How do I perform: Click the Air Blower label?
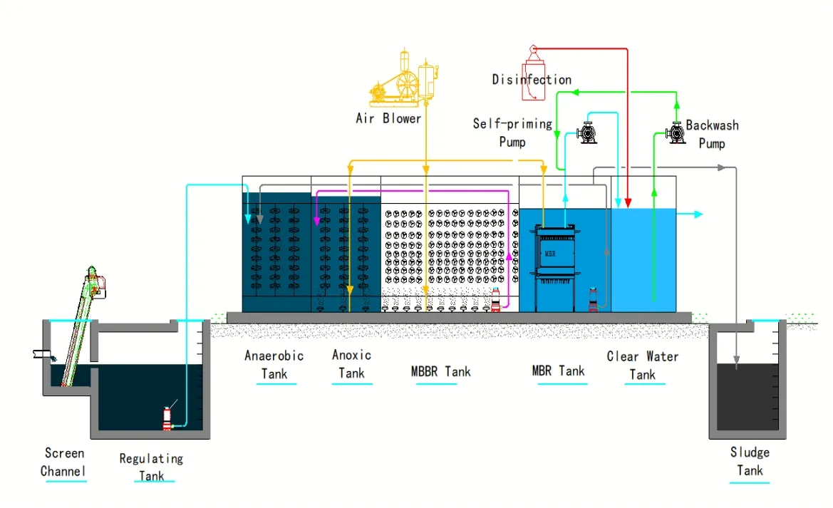(388, 118)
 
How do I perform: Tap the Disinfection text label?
(532, 79)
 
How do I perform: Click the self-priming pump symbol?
(587, 133)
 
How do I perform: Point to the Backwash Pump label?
(712, 134)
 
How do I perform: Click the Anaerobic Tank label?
(274, 364)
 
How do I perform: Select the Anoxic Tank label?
(351, 363)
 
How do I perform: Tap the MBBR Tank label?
(440, 371)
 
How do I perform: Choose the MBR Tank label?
(558, 370)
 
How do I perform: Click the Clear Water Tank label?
(642, 365)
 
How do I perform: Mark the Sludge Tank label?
(750, 461)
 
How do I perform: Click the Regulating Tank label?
(151, 467)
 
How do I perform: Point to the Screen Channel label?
(63, 462)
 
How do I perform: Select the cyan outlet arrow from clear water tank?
(690, 214)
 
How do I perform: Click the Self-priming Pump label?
(512, 133)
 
